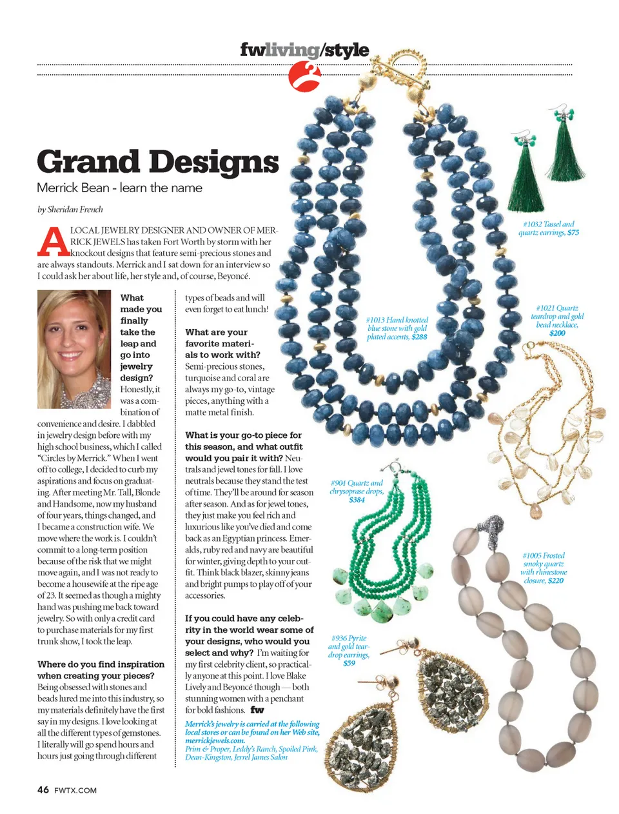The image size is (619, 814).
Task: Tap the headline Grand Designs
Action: point(158,162)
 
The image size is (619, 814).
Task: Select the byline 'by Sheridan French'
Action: point(70,210)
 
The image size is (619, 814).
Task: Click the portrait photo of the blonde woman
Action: point(74,349)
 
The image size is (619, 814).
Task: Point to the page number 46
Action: point(43,789)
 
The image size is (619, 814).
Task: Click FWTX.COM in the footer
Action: point(75,790)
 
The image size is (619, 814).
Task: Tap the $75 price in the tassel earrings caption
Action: point(573,233)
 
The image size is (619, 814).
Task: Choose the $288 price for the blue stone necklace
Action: point(419,337)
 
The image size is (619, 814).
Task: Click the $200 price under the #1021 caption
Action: point(557,333)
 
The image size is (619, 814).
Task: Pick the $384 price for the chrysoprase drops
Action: point(357,500)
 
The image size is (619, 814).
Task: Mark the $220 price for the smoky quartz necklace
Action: point(555,581)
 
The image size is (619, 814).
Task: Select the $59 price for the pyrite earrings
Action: point(349,663)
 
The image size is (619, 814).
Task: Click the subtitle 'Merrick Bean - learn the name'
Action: point(119,188)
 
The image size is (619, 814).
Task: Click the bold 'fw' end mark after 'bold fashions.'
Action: point(257,710)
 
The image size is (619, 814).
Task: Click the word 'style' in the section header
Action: point(347,50)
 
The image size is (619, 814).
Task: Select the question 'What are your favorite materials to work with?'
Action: point(222,343)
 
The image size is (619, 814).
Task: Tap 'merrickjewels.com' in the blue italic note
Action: point(215,740)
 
